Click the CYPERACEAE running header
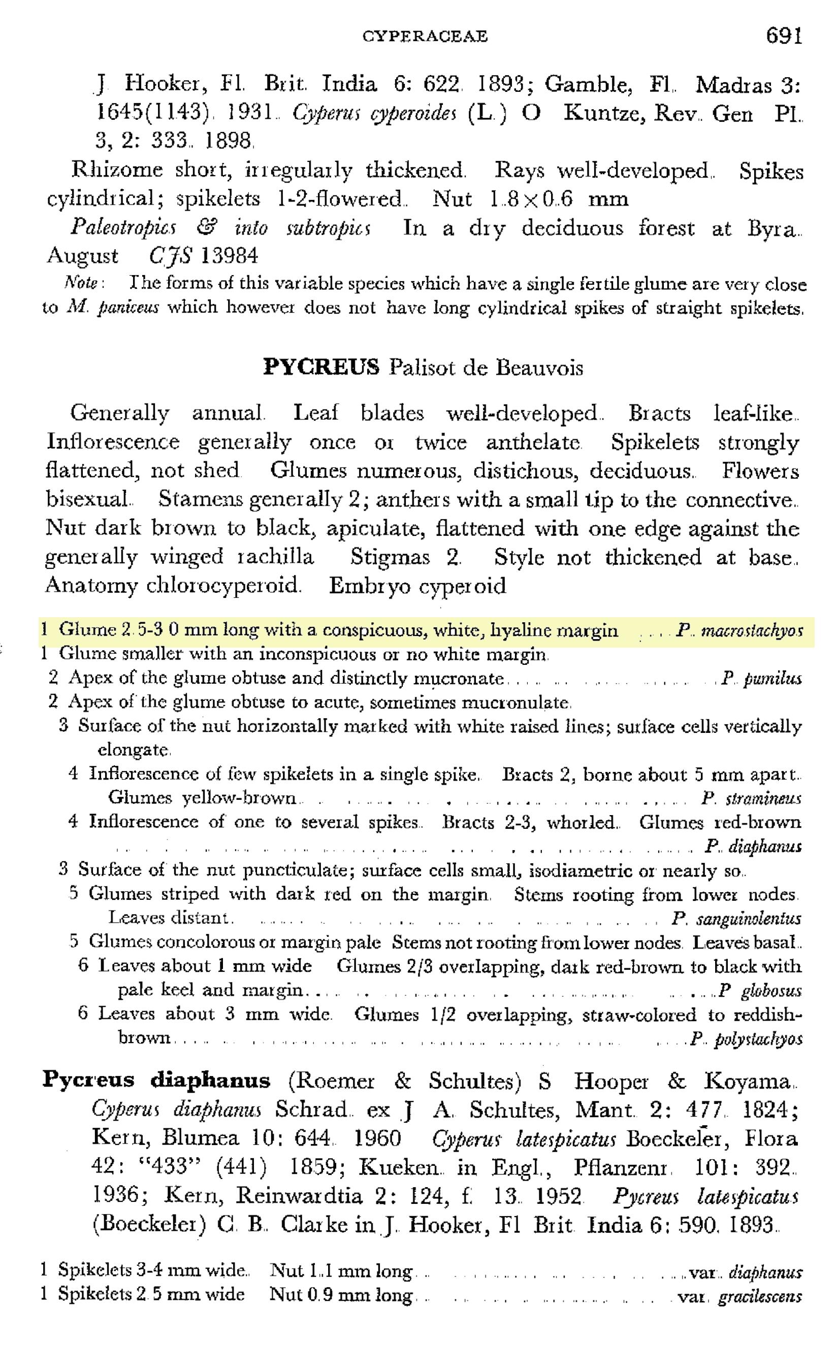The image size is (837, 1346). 425,37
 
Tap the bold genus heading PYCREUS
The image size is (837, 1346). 321,367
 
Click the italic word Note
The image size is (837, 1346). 82,283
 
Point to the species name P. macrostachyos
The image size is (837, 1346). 739,631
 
